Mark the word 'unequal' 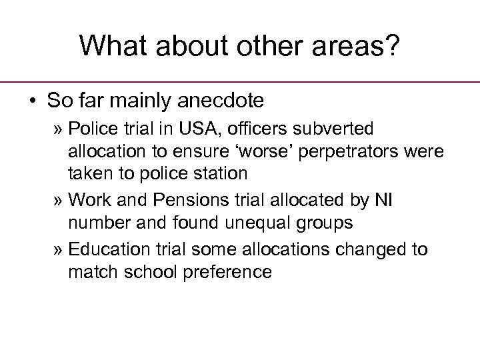pyautogui.click(x=237, y=224)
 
